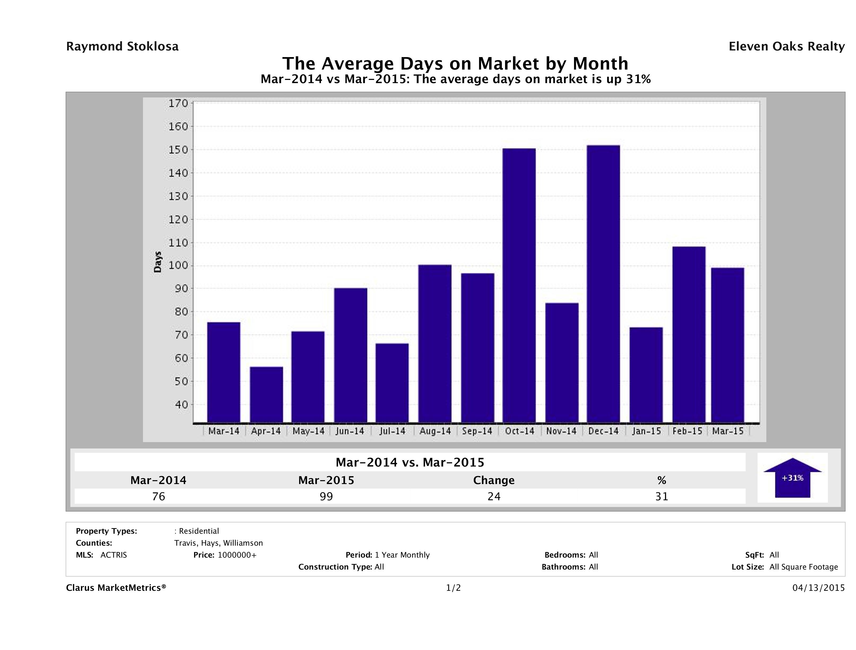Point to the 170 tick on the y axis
[x=178, y=104]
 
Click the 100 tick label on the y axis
[x=178, y=266]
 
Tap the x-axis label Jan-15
[x=646, y=431]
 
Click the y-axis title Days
[x=158, y=262]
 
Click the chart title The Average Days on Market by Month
[x=455, y=63]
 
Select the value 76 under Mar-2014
[x=159, y=496]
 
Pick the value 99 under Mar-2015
[x=326, y=496]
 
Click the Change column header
[x=494, y=480]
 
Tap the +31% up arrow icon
[x=793, y=478]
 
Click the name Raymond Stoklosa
[x=122, y=46]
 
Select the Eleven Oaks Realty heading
[x=786, y=46]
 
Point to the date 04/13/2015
[x=818, y=588]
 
